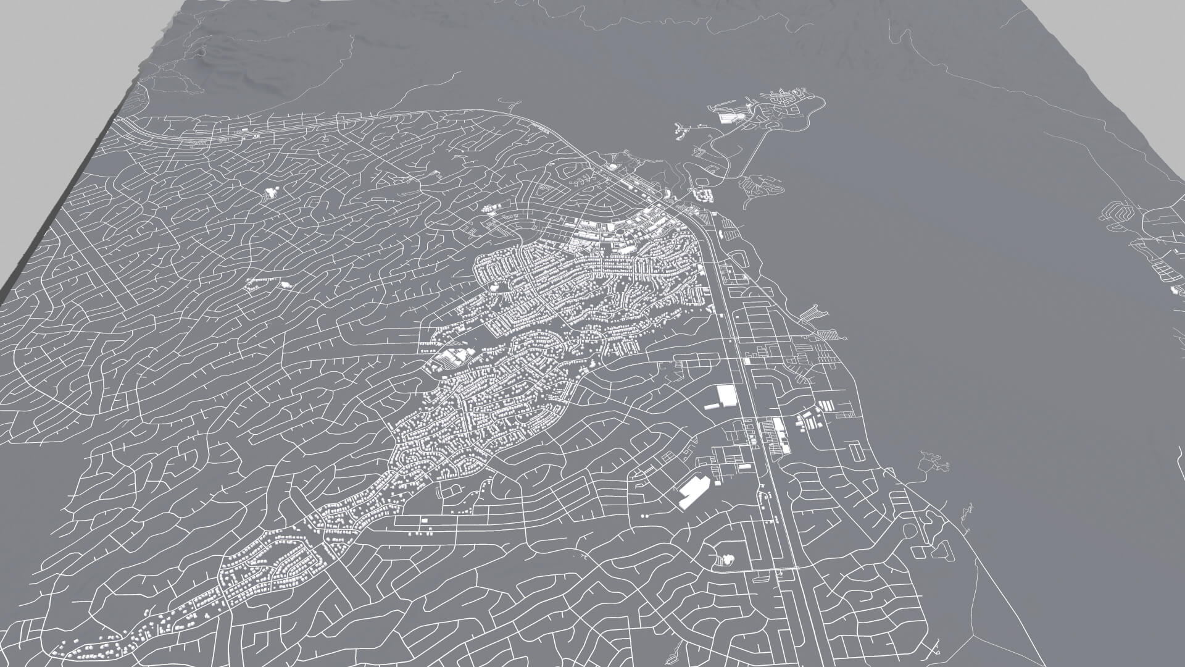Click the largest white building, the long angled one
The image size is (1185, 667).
(x=694, y=492)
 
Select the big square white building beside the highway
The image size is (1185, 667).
(x=727, y=395)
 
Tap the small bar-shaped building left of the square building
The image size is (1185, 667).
(x=711, y=406)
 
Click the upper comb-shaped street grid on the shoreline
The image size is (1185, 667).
(x=814, y=315)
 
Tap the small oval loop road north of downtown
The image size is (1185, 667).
(x=701, y=183)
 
